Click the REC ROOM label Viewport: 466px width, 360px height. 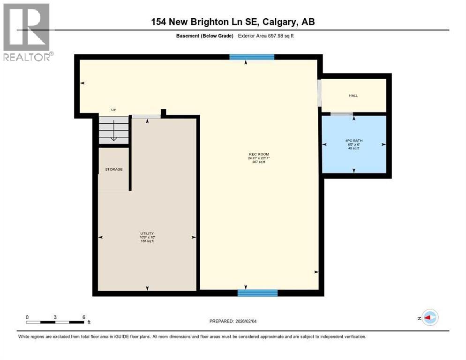coord(259,154)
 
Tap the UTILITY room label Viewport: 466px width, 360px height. coord(147,233)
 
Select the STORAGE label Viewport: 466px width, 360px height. coord(113,169)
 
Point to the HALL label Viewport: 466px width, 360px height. coord(353,96)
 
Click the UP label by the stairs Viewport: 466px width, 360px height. coord(113,110)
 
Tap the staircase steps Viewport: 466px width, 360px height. coord(113,130)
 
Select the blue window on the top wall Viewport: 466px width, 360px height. coord(252,57)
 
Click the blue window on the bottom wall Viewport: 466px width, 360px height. coord(257,293)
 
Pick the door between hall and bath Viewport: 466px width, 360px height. coord(342,114)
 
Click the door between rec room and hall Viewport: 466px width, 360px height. coord(319,94)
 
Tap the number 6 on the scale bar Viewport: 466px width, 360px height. coord(83,317)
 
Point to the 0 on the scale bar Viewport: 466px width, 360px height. coord(27,317)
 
